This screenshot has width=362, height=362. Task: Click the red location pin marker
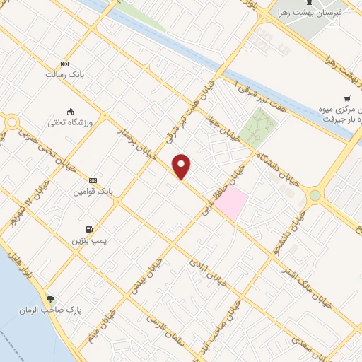pyautogui.click(x=182, y=166)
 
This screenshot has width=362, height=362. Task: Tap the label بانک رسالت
pyautogui.click(x=65, y=74)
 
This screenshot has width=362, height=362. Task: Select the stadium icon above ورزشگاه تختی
pyautogui.click(x=69, y=111)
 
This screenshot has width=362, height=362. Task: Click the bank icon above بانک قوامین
pyautogui.click(x=93, y=180)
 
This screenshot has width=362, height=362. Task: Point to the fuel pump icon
pyautogui.click(x=88, y=229)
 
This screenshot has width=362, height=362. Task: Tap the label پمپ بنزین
pyautogui.click(x=86, y=241)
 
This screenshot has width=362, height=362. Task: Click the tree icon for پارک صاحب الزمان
pyautogui.click(x=49, y=298)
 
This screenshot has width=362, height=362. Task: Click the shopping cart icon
pyautogui.click(x=346, y=98)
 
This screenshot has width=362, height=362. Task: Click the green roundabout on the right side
pyautogui.click(x=315, y=195)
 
